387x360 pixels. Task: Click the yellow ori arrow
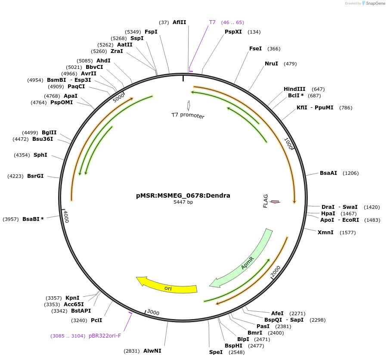click(x=168, y=288)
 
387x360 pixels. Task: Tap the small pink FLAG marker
click(x=274, y=202)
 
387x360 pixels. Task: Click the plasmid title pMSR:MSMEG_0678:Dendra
click(x=183, y=196)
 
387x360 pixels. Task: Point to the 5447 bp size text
click(x=183, y=202)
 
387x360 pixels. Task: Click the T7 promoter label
click(x=188, y=115)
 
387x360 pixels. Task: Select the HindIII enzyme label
click(x=294, y=89)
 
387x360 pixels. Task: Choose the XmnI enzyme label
click(x=325, y=233)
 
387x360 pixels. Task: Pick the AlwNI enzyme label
click(x=152, y=351)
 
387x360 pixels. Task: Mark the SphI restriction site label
click(x=40, y=155)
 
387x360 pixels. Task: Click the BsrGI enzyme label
click(x=35, y=176)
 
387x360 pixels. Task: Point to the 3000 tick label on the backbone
click(x=153, y=312)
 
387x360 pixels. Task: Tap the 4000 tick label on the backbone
click(x=66, y=216)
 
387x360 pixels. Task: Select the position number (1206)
click(x=350, y=173)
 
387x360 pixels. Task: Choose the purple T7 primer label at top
click(x=212, y=22)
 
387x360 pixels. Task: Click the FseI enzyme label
click(x=255, y=49)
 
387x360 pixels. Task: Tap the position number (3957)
click(x=10, y=219)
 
